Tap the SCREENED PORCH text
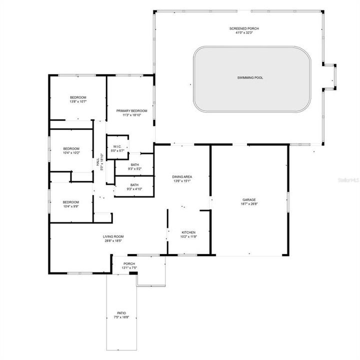[244, 28]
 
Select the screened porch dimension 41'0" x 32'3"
[244, 33]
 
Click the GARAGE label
[249, 199]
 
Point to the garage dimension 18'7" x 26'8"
[249, 204]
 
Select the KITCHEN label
[188, 232]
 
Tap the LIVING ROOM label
[113, 236]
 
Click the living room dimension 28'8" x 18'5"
[113, 241]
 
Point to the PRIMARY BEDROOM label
[131, 110]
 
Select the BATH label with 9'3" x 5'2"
[134, 164]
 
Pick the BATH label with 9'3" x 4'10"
[134, 184]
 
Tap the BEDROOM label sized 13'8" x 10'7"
[78, 97]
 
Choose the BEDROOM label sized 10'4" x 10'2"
[71, 148]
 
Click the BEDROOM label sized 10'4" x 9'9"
[71, 201]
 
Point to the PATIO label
[121, 313]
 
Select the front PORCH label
[129, 263]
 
